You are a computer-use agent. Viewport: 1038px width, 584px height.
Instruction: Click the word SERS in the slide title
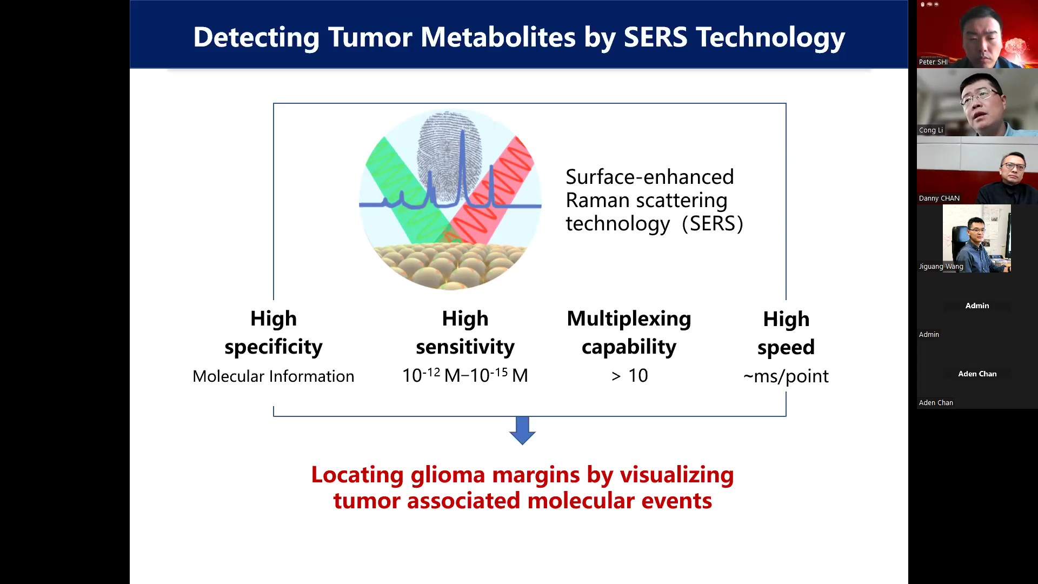[655, 37]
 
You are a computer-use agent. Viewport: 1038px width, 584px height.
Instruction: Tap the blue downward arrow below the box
[522, 430]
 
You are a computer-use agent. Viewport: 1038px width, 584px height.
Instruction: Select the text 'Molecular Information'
[274, 376]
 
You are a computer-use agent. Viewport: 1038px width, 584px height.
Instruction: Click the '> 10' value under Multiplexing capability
[629, 375]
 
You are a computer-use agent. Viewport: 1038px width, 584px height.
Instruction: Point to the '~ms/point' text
[786, 376]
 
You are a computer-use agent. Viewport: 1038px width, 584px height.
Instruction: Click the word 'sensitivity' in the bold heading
[465, 347]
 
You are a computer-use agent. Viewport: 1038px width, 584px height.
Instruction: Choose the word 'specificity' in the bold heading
[274, 347]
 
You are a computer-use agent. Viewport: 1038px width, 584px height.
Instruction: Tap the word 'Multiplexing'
[629, 318]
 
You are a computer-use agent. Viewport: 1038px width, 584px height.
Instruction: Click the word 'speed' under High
[786, 347]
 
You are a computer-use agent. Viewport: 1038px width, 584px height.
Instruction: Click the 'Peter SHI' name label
[933, 62]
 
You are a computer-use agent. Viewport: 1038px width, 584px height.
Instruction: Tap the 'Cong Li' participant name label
[931, 130]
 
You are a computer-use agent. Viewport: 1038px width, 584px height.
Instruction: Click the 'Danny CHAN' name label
[939, 198]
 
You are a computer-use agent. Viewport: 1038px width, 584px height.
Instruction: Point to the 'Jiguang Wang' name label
[941, 266]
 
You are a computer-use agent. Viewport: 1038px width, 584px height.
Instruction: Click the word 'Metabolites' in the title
[498, 37]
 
